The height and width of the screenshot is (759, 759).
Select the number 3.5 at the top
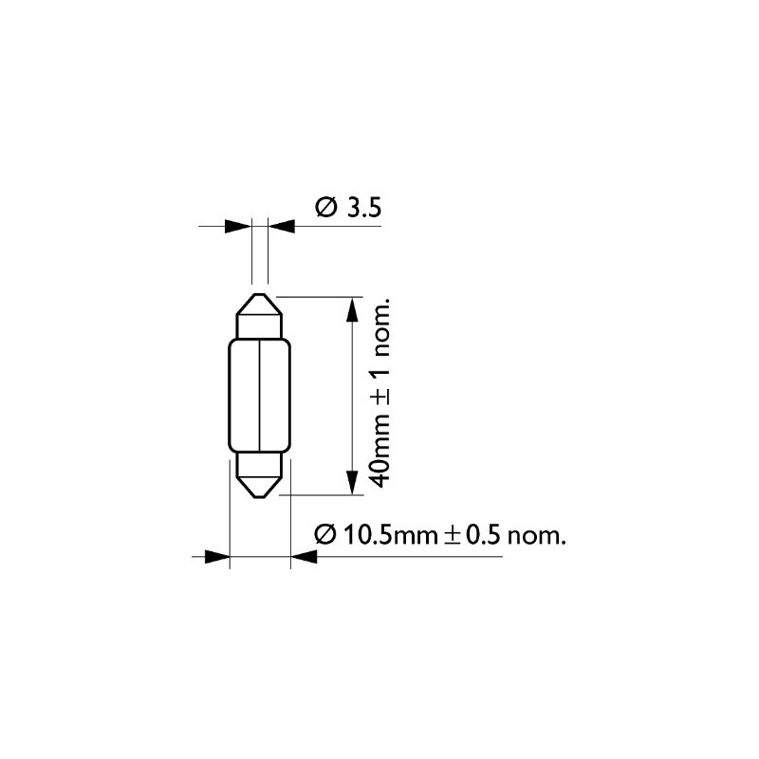point(363,208)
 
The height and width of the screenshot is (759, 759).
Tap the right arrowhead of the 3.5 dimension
point(282,227)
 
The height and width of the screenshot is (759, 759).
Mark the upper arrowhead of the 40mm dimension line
point(353,309)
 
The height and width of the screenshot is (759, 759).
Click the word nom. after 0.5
point(538,537)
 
